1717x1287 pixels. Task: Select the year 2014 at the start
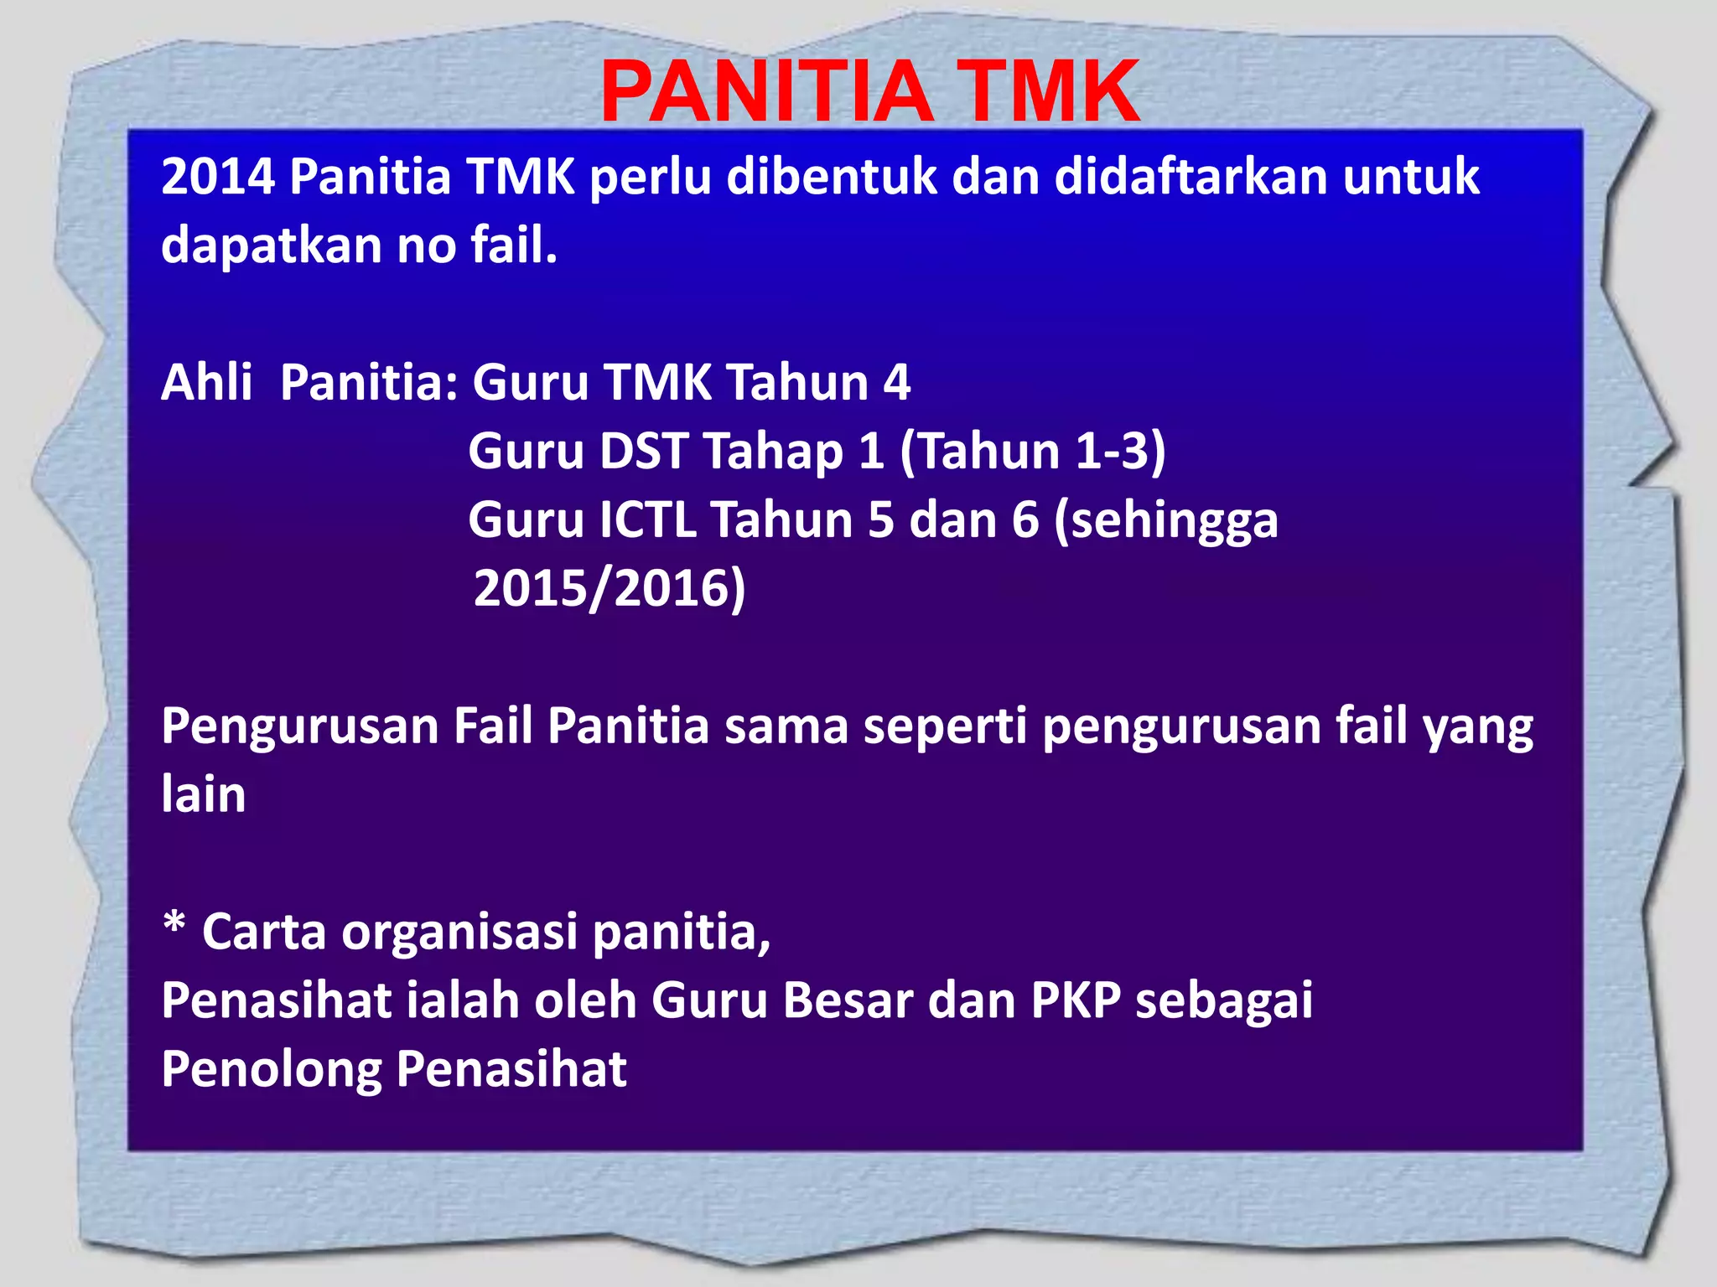[x=218, y=177]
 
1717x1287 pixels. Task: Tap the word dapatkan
[x=271, y=246]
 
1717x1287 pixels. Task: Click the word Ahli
[x=206, y=382]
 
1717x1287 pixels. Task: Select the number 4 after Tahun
[x=896, y=383]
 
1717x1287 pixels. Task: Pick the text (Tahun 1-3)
[x=1032, y=451]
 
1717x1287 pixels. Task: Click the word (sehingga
[x=1165, y=521]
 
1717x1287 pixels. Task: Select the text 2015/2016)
[x=610, y=588]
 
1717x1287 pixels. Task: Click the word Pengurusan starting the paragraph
[x=299, y=726]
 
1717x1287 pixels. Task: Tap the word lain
[x=204, y=794]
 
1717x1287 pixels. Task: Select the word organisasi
[x=459, y=933]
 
